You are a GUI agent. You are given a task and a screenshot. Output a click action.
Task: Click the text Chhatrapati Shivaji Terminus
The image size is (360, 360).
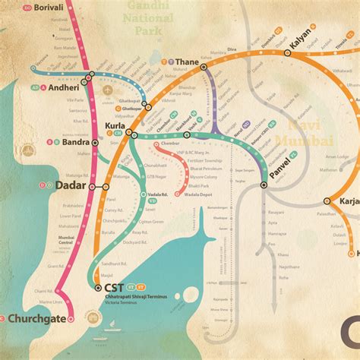pyautogui.click(x=130, y=298)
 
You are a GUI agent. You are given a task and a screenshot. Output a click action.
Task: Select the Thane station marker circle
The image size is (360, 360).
pyautogui.click(x=204, y=68)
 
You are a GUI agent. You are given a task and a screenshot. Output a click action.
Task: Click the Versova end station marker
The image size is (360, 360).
pyautogui.click(x=34, y=67)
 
